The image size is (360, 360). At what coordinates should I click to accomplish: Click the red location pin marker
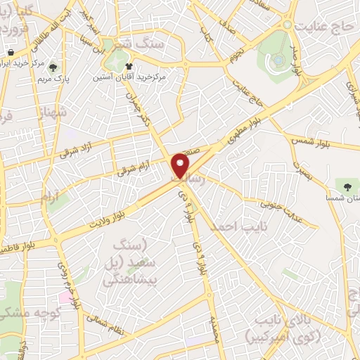click(x=181, y=166)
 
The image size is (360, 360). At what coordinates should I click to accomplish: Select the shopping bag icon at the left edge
click(x=10, y=53)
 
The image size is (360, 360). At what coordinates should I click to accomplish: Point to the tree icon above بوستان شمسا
click(x=345, y=186)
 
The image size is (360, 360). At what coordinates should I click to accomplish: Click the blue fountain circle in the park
click(x=278, y=60)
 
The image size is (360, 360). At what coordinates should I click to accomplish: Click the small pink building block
click(x=65, y=297)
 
